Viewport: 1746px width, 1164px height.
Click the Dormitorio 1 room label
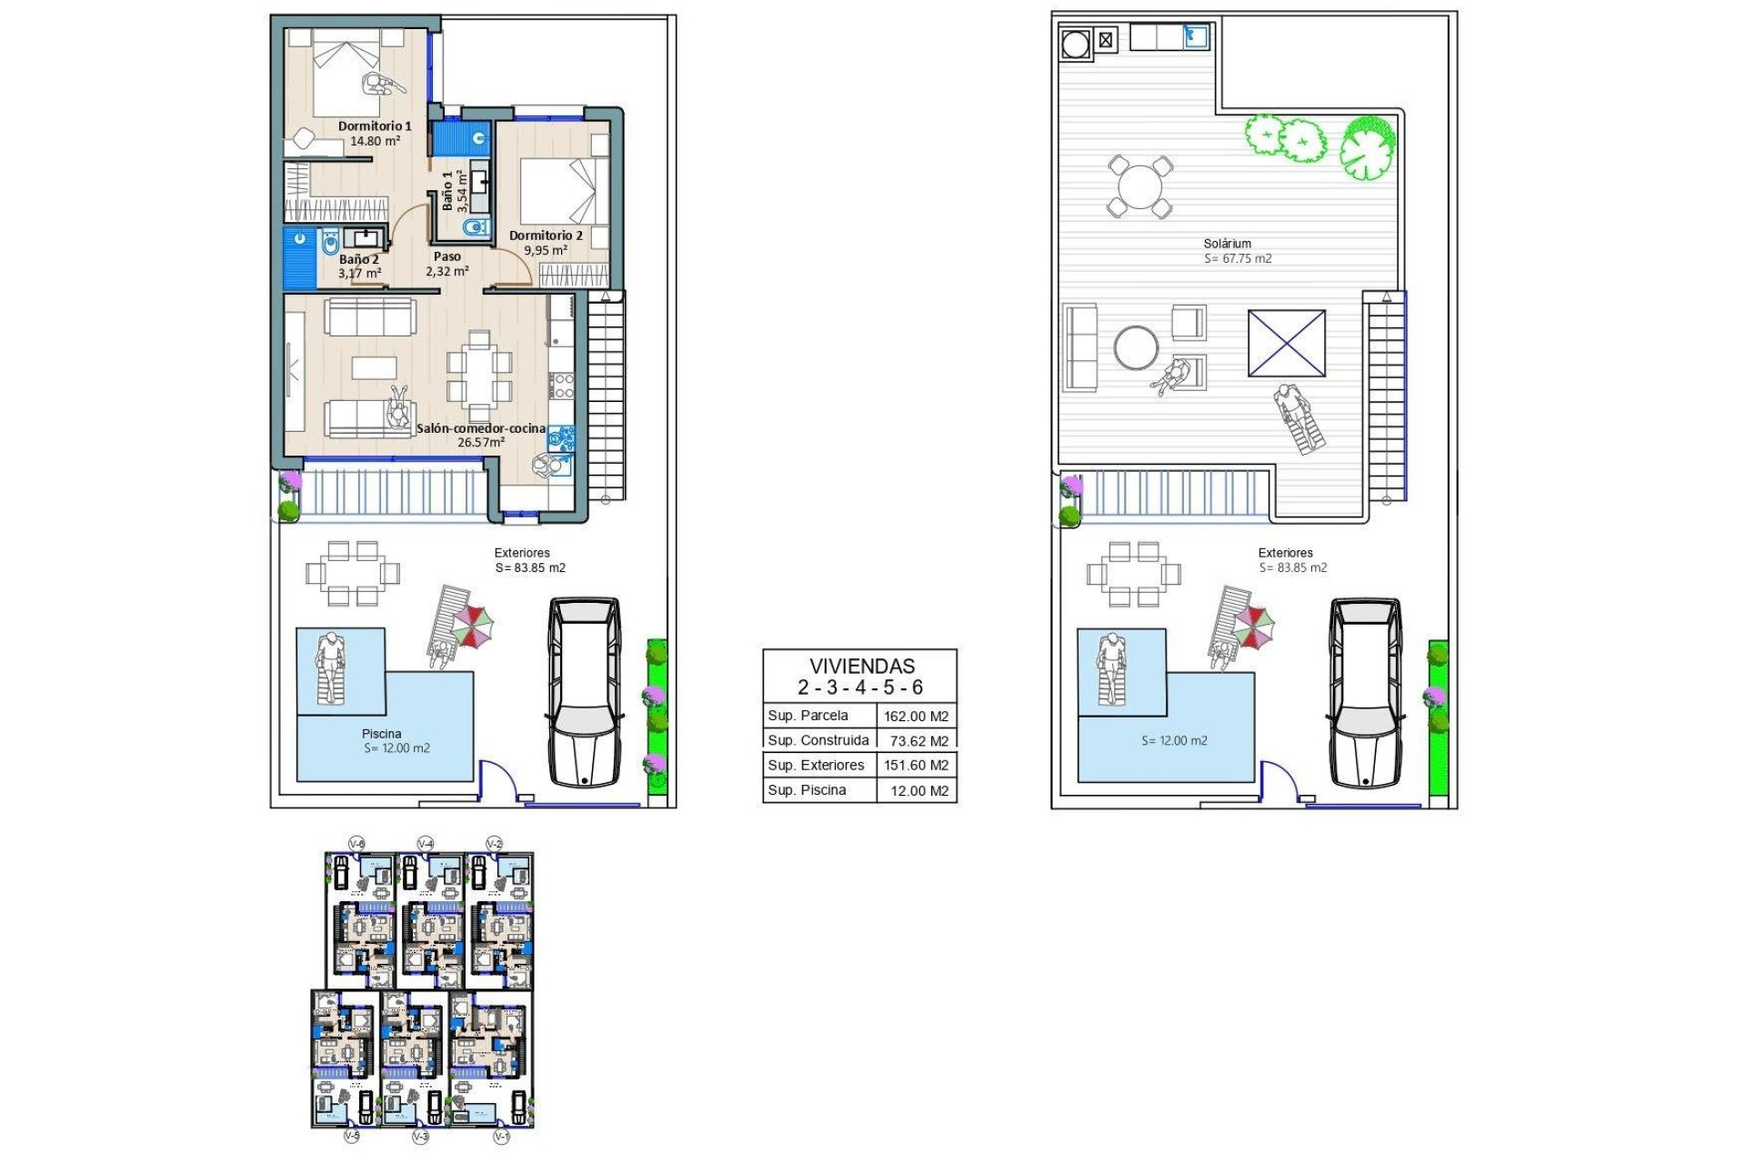[375, 126]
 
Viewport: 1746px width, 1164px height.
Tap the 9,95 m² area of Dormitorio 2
[546, 250]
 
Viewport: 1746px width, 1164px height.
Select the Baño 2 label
[358, 259]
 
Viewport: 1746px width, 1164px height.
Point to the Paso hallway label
[447, 256]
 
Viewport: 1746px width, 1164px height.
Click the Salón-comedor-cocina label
[481, 428]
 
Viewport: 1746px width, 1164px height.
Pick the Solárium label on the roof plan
[1227, 244]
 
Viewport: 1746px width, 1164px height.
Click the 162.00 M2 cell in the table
[916, 716]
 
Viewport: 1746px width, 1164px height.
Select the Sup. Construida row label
[818, 740]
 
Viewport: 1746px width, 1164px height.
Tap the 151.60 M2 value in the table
[916, 766]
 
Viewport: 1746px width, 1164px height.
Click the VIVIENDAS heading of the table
[861, 666]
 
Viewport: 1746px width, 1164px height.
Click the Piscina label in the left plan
[381, 734]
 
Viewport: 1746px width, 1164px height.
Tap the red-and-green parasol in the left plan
[474, 626]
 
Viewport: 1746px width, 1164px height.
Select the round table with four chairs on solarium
[1140, 187]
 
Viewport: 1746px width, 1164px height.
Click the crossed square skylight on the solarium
[1286, 343]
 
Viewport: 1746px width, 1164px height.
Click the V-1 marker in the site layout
[501, 1137]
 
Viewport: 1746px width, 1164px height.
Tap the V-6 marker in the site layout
[357, 844]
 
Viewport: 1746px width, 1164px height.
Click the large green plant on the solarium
[1367, 146]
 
